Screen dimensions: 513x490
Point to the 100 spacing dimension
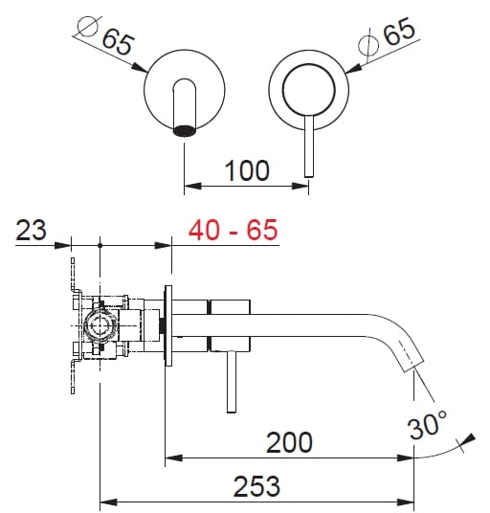pyautogui.click(x=247, y=171)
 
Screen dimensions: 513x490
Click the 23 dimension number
pyautogui.click(x=33, y=231)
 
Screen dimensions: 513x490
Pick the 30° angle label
pyautogui.click(x=427, y=423)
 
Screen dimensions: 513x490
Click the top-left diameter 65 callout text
pyautogui.click(x=115, y=41)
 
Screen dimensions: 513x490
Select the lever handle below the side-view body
pyautogui.click(x=232, y=383)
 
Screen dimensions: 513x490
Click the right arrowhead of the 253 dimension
pyautogui.click(x=409, y=502)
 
